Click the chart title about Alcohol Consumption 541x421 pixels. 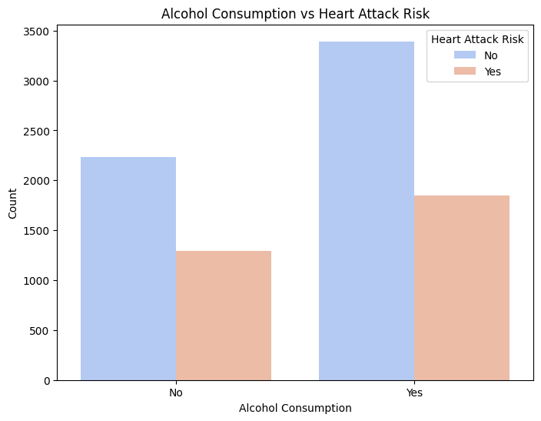(x=295, y=13)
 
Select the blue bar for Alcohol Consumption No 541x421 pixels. (x=128, y=269)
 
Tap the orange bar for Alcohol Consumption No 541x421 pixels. (x=224, y=316)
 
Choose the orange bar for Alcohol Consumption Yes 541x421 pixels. (x=462, y=288)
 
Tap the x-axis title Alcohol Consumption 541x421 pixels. (x=295, y=408)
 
